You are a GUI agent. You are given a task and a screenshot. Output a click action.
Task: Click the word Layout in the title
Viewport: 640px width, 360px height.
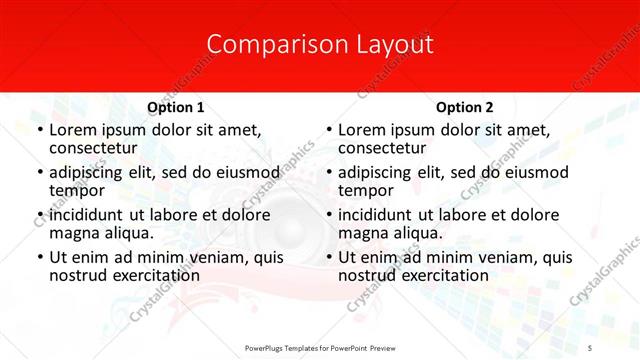click(395, 45)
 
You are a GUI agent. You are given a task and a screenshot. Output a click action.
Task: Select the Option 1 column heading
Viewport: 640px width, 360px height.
click(176, 107)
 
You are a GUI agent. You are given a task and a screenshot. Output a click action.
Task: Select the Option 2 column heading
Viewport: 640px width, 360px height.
click(464, 107)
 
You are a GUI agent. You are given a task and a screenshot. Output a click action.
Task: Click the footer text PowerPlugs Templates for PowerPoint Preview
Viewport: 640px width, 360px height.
click(320, 347)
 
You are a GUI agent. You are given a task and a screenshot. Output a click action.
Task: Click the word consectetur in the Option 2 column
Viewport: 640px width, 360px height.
click(381, 149)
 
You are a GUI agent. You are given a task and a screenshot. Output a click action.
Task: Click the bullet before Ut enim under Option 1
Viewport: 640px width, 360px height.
click(39, 258)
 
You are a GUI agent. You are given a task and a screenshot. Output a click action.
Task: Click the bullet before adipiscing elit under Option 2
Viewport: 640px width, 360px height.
click(328, 173)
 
